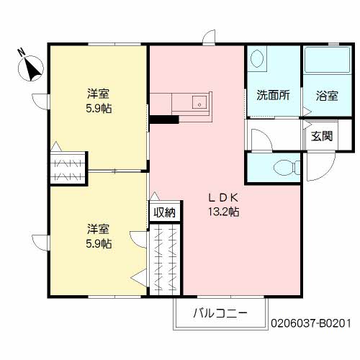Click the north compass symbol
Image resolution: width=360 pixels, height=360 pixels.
30,68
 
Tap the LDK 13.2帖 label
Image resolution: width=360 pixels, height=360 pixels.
223,204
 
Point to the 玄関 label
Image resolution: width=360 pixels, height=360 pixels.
321,137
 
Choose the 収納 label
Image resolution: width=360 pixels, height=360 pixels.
164,212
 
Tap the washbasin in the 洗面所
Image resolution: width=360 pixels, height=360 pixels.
258,61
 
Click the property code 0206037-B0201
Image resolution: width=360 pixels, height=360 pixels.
310,325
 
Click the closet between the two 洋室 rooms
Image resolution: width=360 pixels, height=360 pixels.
68,168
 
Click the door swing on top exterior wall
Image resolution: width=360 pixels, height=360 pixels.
209,37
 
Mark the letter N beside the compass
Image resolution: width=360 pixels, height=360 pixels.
20,52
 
